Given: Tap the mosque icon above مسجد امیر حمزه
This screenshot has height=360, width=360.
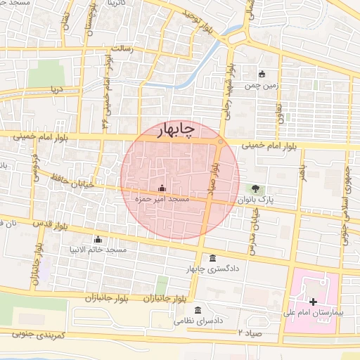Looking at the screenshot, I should pos(162,188).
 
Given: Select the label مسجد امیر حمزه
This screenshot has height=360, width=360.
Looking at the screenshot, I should pos(162,200).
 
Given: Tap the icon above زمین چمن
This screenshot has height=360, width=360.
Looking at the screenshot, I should pos(262,74).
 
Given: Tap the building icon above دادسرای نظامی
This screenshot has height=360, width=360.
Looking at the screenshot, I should pos(198,310).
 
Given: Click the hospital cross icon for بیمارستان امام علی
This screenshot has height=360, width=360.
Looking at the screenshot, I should pos(313,302).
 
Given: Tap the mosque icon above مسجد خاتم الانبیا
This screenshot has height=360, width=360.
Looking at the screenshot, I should pos(98,238).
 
